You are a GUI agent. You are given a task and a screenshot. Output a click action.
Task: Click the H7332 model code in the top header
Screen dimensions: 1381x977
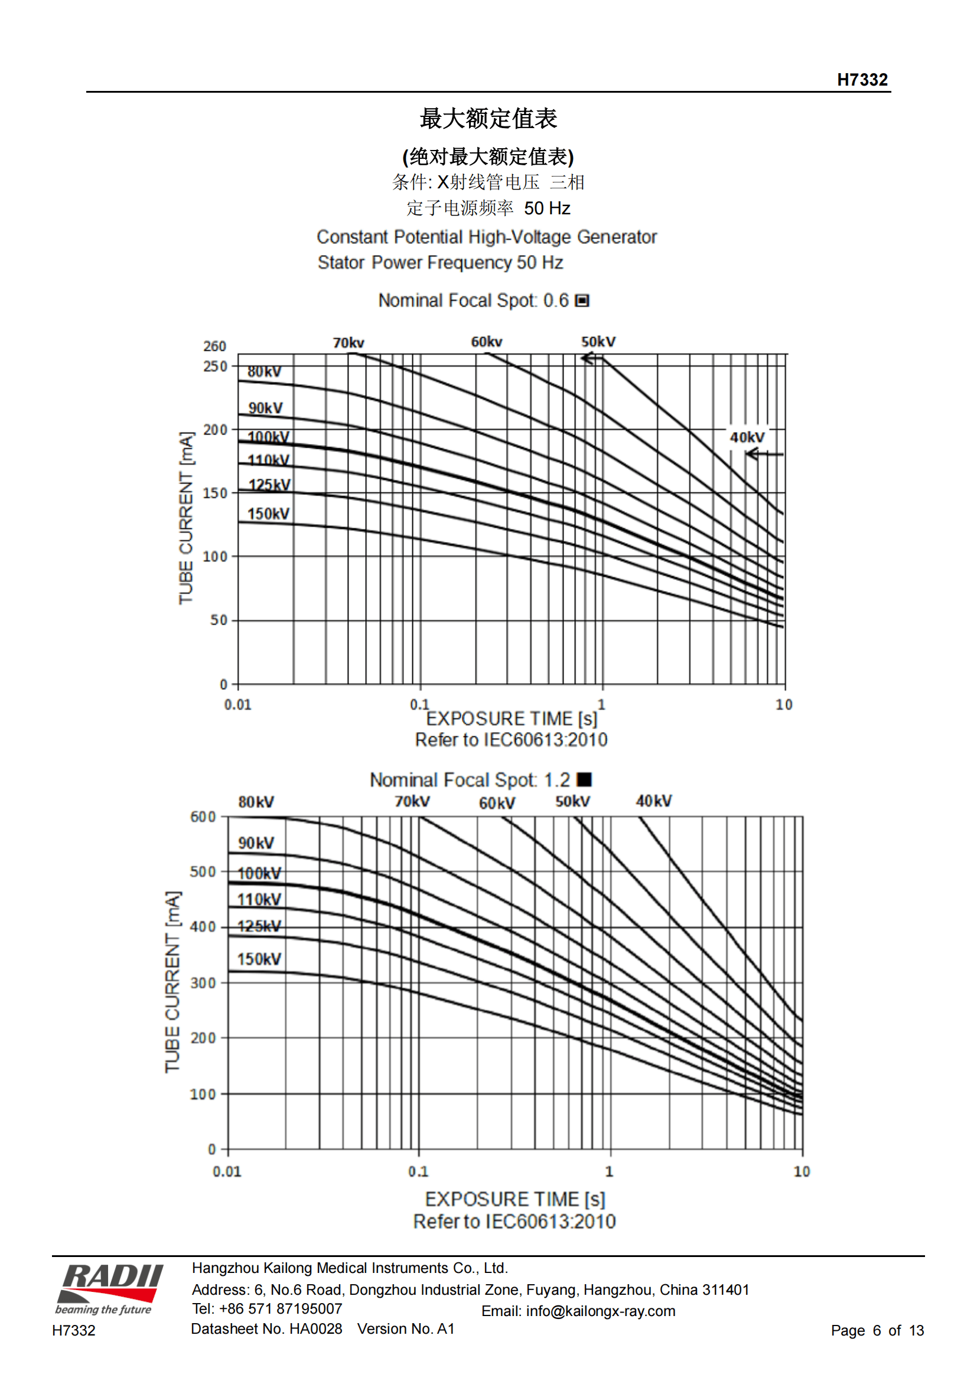click(862, 79)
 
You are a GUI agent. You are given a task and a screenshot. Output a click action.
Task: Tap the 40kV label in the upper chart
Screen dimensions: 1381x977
click(747, 438)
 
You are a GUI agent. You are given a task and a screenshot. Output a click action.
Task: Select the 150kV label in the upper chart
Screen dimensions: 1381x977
click(268, 514)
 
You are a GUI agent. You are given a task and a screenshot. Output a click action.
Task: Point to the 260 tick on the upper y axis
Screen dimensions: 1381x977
click(215, 346)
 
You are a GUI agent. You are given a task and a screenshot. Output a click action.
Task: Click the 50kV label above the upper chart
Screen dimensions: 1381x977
click(598, 342)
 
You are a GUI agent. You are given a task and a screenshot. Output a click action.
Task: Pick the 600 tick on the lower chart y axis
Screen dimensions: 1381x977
click(203, 817)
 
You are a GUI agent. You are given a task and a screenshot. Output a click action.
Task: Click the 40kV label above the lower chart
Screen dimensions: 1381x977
click(654, 801)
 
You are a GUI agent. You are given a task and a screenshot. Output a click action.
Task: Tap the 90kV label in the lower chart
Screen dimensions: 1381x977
click(256, 843)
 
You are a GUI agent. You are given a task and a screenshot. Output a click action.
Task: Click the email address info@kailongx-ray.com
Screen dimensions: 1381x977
click(600, 1311)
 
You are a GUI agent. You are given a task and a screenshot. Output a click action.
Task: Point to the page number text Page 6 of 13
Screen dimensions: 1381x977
click(877, 1330)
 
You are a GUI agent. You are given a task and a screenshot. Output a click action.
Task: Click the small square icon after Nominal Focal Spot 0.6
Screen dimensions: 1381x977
click(582, 300)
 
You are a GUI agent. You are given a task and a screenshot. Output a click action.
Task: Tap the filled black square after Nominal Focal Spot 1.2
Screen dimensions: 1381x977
click(584, 779)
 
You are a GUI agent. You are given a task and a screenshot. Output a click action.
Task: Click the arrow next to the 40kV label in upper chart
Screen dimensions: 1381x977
click(764, 454)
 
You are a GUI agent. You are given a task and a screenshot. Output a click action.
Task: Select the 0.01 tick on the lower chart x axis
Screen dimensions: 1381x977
click(227, 1171)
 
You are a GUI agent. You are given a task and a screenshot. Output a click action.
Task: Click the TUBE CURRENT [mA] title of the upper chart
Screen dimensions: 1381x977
click(186, 518)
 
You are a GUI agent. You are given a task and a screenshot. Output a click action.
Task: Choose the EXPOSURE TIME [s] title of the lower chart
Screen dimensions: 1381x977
click(515, 1199)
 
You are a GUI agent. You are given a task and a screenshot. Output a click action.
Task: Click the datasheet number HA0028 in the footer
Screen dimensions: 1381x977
click(315, 1328)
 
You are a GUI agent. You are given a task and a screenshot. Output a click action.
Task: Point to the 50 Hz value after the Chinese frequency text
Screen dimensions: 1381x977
click(547, 208)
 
